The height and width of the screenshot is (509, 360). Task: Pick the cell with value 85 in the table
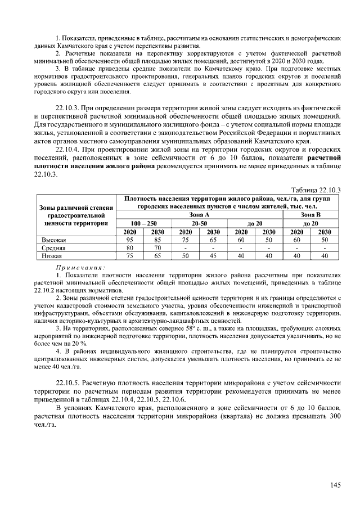[x=157, y=240]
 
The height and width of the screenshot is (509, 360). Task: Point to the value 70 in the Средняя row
[x=157, y=247]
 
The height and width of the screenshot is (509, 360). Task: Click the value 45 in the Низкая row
[x=213, y=255]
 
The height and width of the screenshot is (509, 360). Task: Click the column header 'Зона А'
[x=199, y=215]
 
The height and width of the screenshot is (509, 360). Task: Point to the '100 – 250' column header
[x=143, y=223]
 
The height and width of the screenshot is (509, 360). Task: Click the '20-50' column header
[x=199, y=223]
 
